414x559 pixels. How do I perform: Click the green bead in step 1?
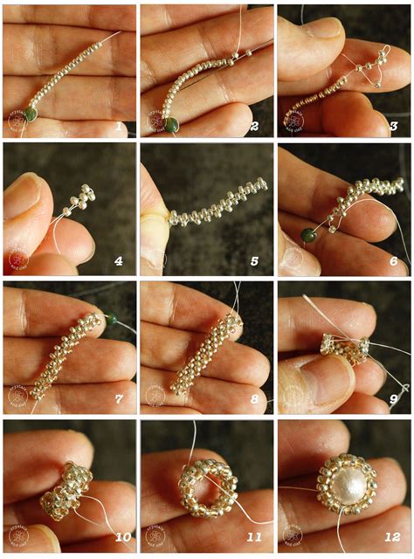pyautogui.click(x=31, y=113)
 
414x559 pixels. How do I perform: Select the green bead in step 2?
pyautogui.click(x=169, y=123)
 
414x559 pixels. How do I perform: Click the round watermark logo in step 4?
pyautogui.click(x=17, y=260)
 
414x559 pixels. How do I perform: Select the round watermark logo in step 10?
pyautogui.click(x=17, y=535)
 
